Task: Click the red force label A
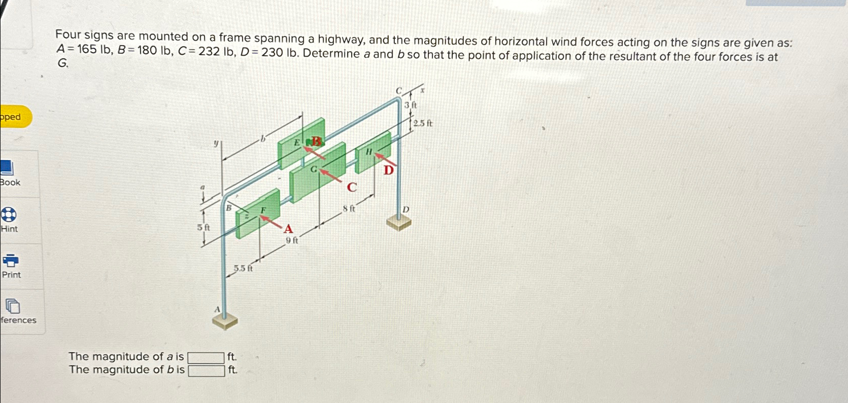pyautogui.click(x=288, y=229)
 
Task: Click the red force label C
pyautogui.click(x=352, y=188)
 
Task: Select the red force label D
pyautogui.click(x=388, y=171)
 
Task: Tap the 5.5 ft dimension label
pyautogui.click(x=243, y=268)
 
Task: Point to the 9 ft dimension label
pyautogui.click(x=292, y=241)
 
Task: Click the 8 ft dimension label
pyautogui.click(x=349, y=208)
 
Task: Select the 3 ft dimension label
pyautogui.click(x=411, y=105)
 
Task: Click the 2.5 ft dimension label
pyautogui.click(x=422, y=123)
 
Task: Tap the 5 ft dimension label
pyautogui.click(x=203, y=228)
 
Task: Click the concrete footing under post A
pyautogui.click(x=224, y=320)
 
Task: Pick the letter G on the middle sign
pyautogui.click(x=314, y=169)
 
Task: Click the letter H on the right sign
pyautogui.click(x=369, y=151)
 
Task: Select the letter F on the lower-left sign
pyautogui.click(x=263, y=210)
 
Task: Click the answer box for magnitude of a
pyautogui.click(x=206, y=358)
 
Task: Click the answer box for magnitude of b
pyautogui.click(x=206, y=371)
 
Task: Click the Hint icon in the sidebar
pyautogui.click(x=9, y=214)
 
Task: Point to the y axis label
pyautogui.click(x=216, y=143)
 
